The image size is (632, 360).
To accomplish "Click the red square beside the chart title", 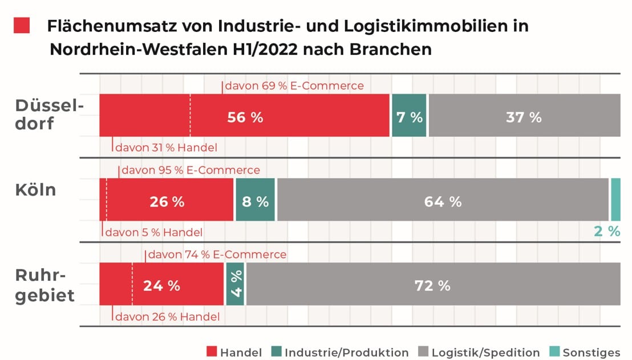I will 22,25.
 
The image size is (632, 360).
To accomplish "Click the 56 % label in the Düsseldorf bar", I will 245,118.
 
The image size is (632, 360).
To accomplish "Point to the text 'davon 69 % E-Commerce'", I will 294,86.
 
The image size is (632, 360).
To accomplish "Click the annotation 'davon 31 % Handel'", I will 166,148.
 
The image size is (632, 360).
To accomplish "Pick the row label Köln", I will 35,190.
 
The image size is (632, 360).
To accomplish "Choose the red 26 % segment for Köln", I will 167,201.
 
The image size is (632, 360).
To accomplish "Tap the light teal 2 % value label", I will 607,231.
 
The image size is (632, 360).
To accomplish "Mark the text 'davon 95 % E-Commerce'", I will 191,171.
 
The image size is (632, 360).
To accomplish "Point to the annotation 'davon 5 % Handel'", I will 154,232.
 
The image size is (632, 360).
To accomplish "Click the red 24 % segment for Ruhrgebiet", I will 161,285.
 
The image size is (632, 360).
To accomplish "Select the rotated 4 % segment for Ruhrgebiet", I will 235,284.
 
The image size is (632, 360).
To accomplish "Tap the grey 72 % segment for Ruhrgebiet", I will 432,285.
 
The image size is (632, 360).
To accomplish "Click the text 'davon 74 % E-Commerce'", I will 217,254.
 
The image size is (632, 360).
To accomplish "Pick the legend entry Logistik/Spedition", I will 479,353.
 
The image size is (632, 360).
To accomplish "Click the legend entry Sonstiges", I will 590,353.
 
